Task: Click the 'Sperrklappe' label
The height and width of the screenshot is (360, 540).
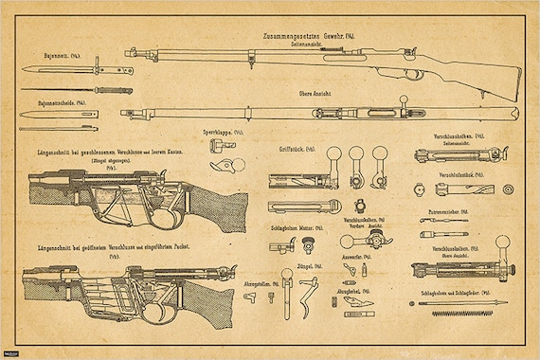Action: point(224,133)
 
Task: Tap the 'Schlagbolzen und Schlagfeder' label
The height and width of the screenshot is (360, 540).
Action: point(453,294)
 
